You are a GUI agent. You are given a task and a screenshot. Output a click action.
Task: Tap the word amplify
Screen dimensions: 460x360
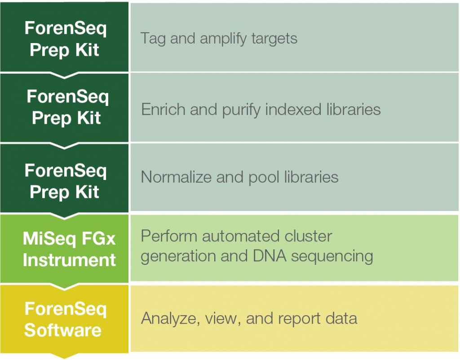click(223, 39)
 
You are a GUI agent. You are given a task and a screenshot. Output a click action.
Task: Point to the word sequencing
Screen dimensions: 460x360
click(332, 256)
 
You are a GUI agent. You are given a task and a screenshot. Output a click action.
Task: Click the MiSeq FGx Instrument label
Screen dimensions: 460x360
click(69, 249)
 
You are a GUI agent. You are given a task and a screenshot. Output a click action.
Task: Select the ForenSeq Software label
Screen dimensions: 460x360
click(65, 320)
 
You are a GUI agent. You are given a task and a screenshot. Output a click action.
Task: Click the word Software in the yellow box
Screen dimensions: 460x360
click(63, 330)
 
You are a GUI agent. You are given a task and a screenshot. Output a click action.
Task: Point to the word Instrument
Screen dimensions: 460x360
click(69, 260)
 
